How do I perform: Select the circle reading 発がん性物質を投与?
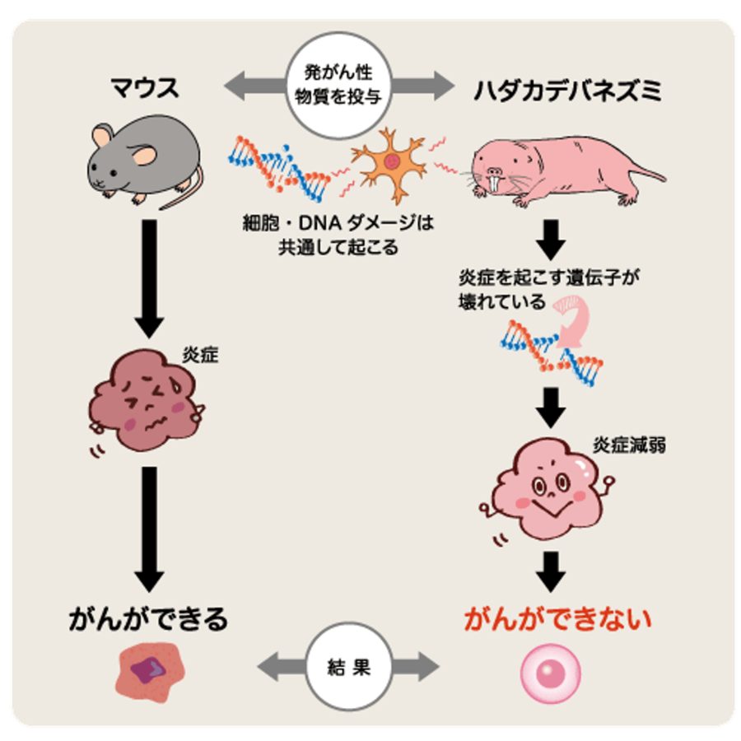(x=338, y=86)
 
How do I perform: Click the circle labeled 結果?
(x=348, y=665)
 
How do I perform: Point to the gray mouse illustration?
(x=144, y=161)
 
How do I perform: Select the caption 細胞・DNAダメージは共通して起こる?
(x=338, y=234)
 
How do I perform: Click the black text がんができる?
(x=147, y=618)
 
